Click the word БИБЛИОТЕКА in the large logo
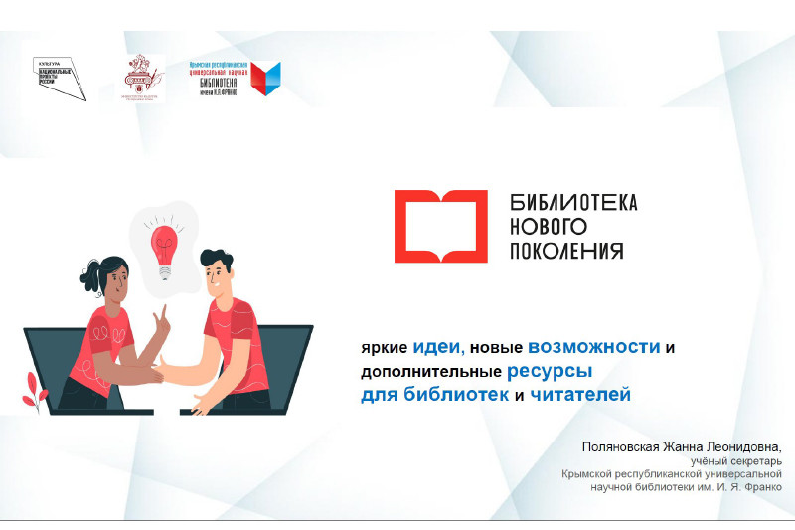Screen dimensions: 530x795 coord(572,203)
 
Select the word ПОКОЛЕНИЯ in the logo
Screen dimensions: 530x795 coord(565,251)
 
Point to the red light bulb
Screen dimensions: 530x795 coord(163,245)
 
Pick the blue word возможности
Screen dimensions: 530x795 coord(594,348)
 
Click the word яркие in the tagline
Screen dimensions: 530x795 coord(382,349)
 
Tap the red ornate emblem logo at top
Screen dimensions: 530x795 coord(142,77)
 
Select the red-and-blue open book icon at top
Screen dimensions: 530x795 coord(265,79)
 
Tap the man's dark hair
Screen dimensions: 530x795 coord(217,260)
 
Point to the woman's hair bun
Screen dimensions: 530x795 coord(93,267)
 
